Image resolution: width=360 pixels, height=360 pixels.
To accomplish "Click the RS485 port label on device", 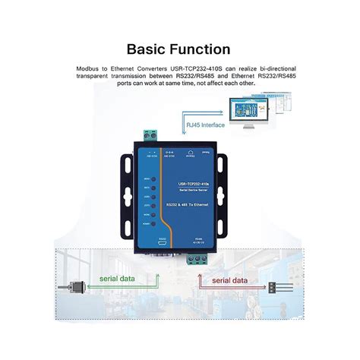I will [x=198, y=239].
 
